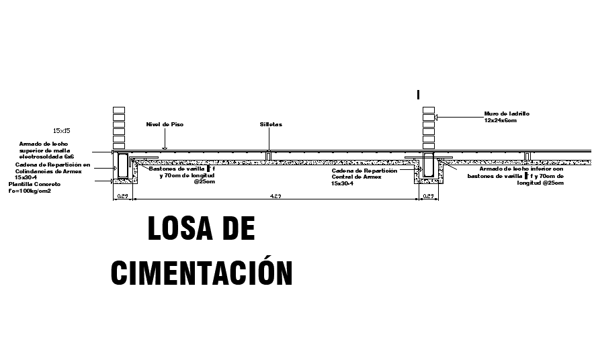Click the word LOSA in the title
[x=176, y=230]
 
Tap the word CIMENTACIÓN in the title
[x=202, y=272]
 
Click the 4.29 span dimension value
[x=276, y=196]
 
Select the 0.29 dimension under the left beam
[x=122, y=196]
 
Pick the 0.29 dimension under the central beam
[x=428, y=196]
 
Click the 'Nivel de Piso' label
[x=165, y=125]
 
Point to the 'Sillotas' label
[x=271, y=125]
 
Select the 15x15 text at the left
[x=61, y=130]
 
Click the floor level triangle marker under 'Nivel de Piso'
[x=165, y=147]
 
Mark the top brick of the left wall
[x=120, y=109]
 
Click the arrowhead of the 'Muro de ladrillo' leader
[x=437, y=118]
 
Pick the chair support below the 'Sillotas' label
[x=268, y=156]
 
